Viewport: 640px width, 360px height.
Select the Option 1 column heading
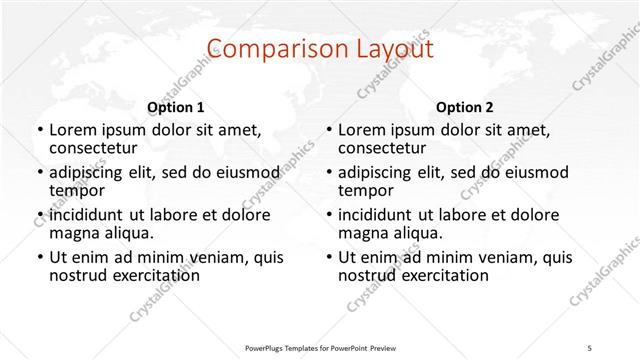(x=175, y=107)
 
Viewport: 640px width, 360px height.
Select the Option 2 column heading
(x=464, y=107)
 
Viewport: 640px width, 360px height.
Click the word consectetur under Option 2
(x=385, y=148)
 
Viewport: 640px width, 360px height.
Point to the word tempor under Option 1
(x=77, y=191)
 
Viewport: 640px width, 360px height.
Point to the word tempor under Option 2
(x=366, y=191)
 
